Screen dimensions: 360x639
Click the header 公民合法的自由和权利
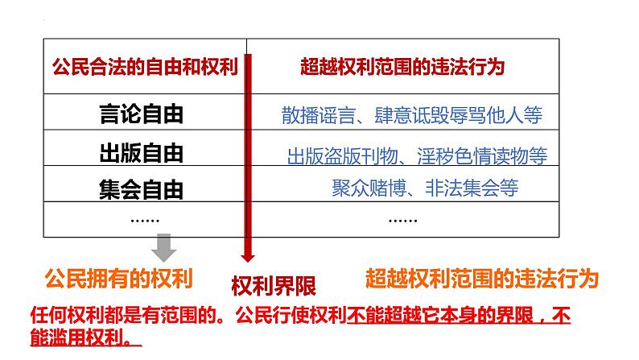pyautogui.click(x=145, y=67)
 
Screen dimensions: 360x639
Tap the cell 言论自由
pyautogui.click(x=141, y=114)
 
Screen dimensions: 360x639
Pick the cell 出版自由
pyautogui.click(x=141, y=152)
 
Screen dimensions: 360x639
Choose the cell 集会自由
pyautogui.click(x=141, y=190)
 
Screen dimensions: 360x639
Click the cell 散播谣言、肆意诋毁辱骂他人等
pyautogui.click(x=412, y=116)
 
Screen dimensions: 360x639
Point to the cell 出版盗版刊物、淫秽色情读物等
pyautogui.click(x=417, y=155)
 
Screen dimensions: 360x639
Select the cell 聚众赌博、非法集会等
pyautogui.click(x=425, y=188)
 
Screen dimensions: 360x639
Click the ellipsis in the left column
pyautogui.click(x=145, y=218)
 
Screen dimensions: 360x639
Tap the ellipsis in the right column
pyautogui.click(x=402, y=218)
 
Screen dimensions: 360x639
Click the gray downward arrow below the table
pyautogui.click(x=165, y=247)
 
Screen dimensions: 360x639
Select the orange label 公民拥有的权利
pyautogui.click(x=119, y=279)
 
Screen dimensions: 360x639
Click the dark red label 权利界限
pyautogui.click(x=274, y=286)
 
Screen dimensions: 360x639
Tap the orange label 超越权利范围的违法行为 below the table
pyautogui.click(x=481, y=279)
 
